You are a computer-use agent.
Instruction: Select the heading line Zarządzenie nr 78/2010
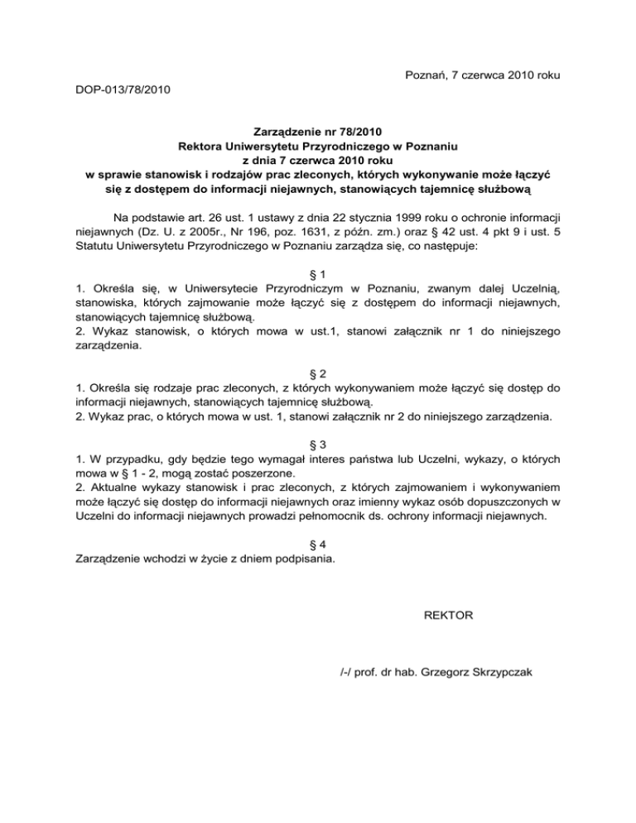(318, 131)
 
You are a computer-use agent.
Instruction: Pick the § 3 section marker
(318, 442)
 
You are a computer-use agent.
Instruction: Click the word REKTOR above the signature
(448, 616)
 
